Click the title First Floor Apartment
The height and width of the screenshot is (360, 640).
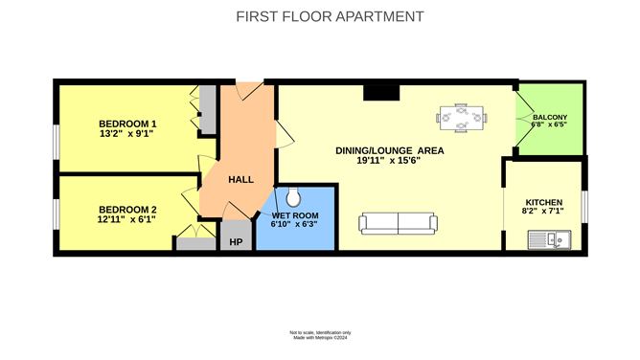point(330,16)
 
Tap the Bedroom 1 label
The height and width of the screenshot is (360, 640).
point(127,124)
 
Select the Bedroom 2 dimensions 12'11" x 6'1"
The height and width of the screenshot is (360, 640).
point(126,219)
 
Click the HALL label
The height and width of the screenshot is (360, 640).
point(240,179)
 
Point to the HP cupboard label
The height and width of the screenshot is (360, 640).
point(236,242)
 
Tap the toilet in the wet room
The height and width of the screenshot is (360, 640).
point(293,197)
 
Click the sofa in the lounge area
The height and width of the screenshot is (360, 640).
point(398,223)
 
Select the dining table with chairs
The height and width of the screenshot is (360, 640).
point(461,118)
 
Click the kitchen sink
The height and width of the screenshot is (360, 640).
point(549,239)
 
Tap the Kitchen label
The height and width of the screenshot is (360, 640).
point(544,202)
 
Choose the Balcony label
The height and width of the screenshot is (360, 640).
point(550,117)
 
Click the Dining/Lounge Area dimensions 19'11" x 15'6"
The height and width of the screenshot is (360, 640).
point(389,161)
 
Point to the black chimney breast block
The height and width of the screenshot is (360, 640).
point(381,93)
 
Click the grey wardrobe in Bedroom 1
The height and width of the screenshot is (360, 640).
point(207,109)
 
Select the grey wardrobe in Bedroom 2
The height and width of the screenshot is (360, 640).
point(195,243)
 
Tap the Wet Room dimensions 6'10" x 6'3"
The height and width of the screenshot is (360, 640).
point(294,224)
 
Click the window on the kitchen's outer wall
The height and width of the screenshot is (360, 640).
point(584,207)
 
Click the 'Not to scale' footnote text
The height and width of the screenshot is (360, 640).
point(320,332)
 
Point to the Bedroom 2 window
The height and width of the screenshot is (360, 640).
point(57,214)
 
